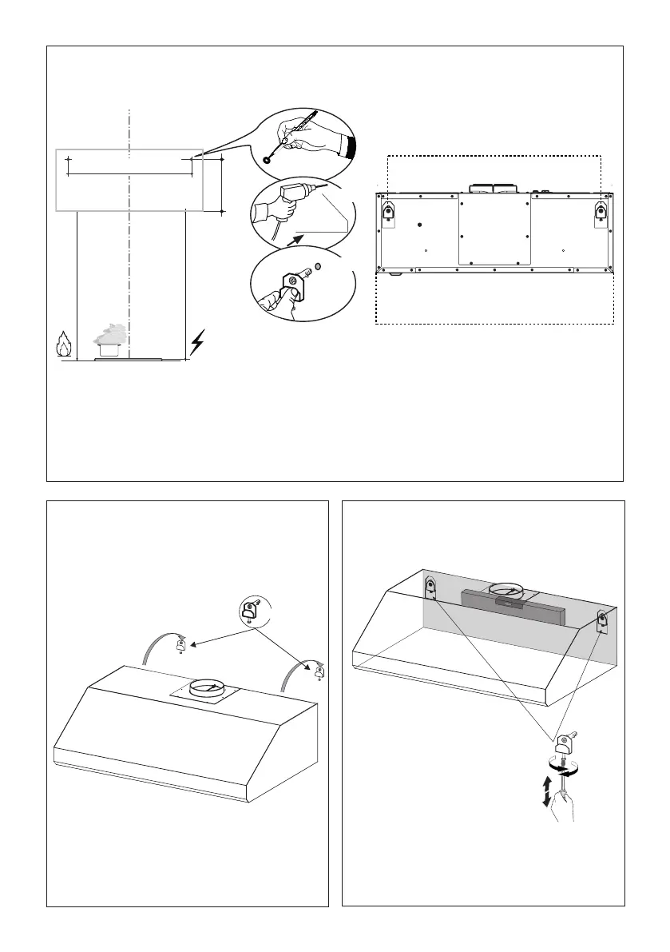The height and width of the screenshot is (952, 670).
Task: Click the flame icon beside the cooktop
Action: pyautogui.click(x=64, y=345)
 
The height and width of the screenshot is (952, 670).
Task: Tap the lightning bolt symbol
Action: pyautogui.click(x=196, y=344)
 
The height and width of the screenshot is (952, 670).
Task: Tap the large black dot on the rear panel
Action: pyautogui.click(x=420, y=225)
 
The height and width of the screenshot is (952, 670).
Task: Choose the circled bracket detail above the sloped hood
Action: pyautogui.click(x=249, y=612)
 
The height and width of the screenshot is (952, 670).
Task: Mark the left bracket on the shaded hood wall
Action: pyautogui.click(x=429, y=590)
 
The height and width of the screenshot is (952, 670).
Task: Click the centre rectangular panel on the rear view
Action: pyautogui.click(x=494, y=229)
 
